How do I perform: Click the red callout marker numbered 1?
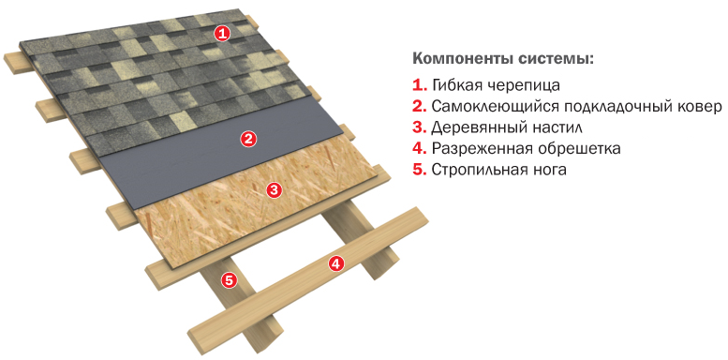point(223,33)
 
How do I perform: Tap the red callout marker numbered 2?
point(249,139)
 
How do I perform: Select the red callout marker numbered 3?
point(274,189)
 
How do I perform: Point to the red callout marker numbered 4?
point(336,263)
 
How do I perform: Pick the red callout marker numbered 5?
point(229,279)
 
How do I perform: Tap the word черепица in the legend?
point(520,85)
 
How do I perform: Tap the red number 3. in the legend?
point(419,127)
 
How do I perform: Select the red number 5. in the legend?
point(419,170)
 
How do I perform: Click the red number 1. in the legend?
point(419,85)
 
